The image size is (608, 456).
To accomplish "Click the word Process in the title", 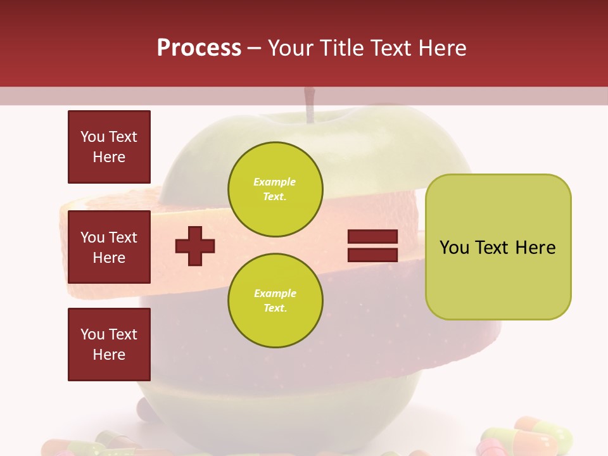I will point(199,48).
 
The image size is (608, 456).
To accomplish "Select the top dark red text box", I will point(109,147).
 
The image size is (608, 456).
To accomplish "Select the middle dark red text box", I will point(109,247).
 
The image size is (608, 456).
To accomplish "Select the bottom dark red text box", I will point(109,345).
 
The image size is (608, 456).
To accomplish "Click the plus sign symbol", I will point(195,246).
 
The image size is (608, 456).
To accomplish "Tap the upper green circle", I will point(275,189).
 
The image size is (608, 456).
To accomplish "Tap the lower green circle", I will point(275,301).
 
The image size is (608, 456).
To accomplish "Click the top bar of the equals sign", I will point(372,237).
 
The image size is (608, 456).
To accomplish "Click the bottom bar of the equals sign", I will point(372,255).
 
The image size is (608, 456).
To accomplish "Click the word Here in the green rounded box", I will point(535,248).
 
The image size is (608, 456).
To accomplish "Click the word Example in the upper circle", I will point(275,182).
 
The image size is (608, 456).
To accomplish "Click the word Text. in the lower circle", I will point(275,308).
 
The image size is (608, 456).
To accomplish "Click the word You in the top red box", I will point(92,137).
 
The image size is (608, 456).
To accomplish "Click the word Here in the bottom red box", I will point(109,355).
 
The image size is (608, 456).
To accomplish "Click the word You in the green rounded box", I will point(454,248).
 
